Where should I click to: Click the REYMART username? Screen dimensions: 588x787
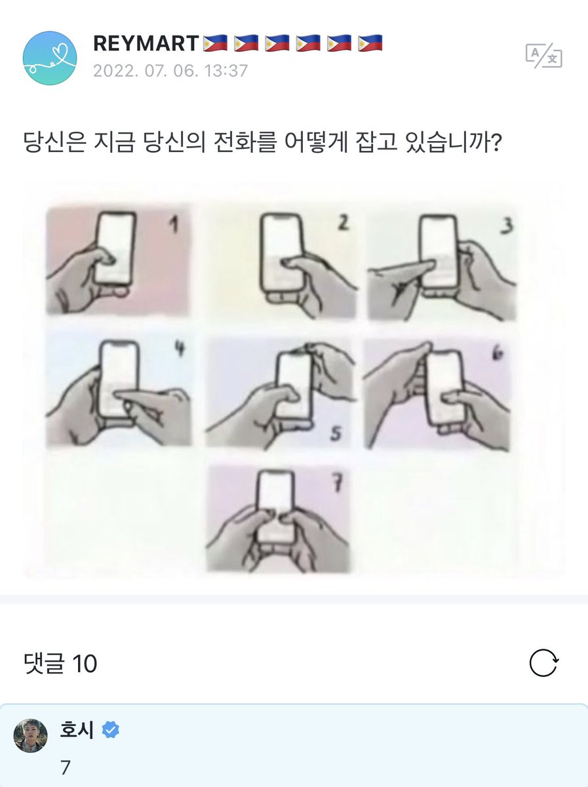point(146,43)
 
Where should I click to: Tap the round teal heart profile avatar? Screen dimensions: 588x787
point(50,58)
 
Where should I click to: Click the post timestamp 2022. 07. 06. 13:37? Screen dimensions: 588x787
point(170,71)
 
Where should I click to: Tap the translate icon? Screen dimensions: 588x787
point(543,56)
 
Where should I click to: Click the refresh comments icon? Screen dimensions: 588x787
point(543,662)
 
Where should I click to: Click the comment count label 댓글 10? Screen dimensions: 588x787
point(60,663)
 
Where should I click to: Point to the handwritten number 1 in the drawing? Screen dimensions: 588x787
point(174,226)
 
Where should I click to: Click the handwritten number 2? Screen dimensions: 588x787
point(343,223)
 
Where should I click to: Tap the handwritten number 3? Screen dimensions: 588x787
point(507,226)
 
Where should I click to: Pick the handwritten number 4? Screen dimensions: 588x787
point(180,348)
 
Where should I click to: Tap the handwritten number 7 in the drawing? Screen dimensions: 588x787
point(337,483)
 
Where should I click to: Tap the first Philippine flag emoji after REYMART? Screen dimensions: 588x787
point(215,43)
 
